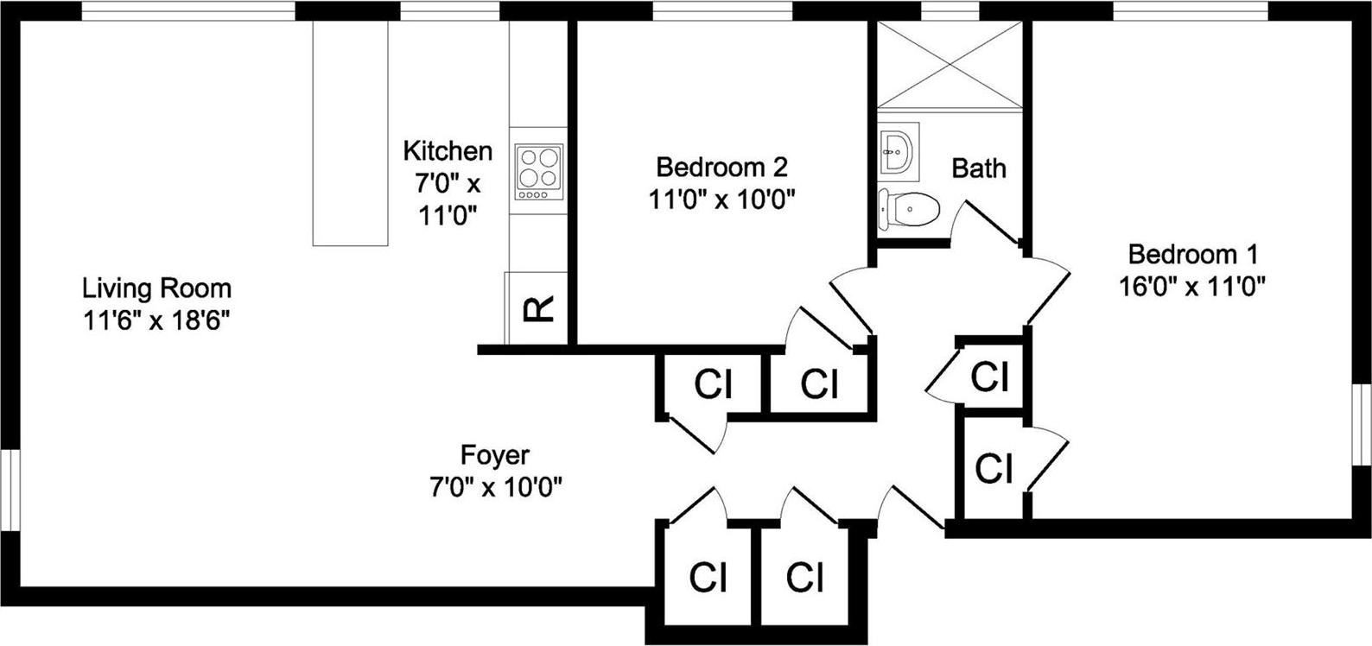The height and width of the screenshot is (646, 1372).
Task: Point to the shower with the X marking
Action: point(950,65)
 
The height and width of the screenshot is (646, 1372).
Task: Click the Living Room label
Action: point(156,288)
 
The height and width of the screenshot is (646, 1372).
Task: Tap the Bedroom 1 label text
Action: point(1192,255)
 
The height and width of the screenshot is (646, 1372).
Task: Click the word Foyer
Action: point(495,454)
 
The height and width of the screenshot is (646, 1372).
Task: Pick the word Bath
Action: point(979,168)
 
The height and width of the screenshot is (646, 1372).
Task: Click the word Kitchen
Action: point(448,151)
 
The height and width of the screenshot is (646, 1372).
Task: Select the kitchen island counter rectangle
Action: point(350,134)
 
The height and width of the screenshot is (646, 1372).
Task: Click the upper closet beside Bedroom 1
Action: point(990,377)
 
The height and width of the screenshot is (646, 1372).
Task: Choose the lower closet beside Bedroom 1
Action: point(994,469)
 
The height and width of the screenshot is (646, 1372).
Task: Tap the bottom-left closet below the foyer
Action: point(708,577)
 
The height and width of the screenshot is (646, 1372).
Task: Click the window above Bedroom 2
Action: point(721,10)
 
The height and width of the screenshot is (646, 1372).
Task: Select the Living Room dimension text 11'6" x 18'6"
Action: point(156,320)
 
